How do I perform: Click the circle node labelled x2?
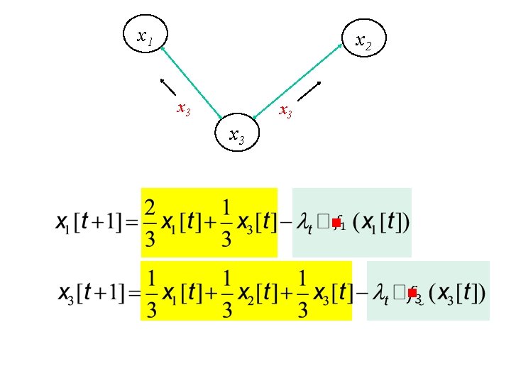tap(363, 42)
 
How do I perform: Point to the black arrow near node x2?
tap(309, 91)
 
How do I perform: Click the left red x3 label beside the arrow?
tap(183, 110)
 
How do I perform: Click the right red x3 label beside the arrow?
tap(285, 111)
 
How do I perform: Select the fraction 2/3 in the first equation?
tap(150, 222)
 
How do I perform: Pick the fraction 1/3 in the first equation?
tap(226, 222)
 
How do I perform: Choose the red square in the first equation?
tap(336, 223)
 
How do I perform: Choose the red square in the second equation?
tap(412, 292)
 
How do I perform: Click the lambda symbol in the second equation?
tap(378, 292)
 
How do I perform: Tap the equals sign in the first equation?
tap(131, 223)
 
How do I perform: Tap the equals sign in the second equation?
tap(131, 292)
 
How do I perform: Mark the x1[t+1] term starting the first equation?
tap(89, 223)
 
